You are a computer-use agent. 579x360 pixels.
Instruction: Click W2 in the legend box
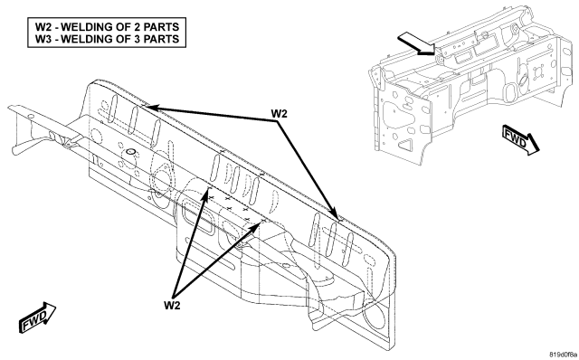pos(43,27)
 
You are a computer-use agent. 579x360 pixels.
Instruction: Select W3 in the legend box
pos(43,39)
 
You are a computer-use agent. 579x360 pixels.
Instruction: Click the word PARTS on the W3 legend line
pos(161,39)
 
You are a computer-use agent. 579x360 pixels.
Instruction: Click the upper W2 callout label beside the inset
pos(279,113)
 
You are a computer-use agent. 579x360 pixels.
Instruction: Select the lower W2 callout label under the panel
pos(172,305)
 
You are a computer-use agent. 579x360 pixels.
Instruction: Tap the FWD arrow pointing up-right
pos(37,317)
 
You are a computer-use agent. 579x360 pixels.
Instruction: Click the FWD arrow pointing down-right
pos(521,139)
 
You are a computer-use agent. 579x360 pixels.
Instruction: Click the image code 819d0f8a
pos(563,355)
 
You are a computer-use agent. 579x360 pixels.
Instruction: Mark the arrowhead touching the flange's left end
pos(152,108)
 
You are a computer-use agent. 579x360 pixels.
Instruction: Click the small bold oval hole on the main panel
pos(130,151)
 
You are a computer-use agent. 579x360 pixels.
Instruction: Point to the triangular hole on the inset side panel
pos(405,144)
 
